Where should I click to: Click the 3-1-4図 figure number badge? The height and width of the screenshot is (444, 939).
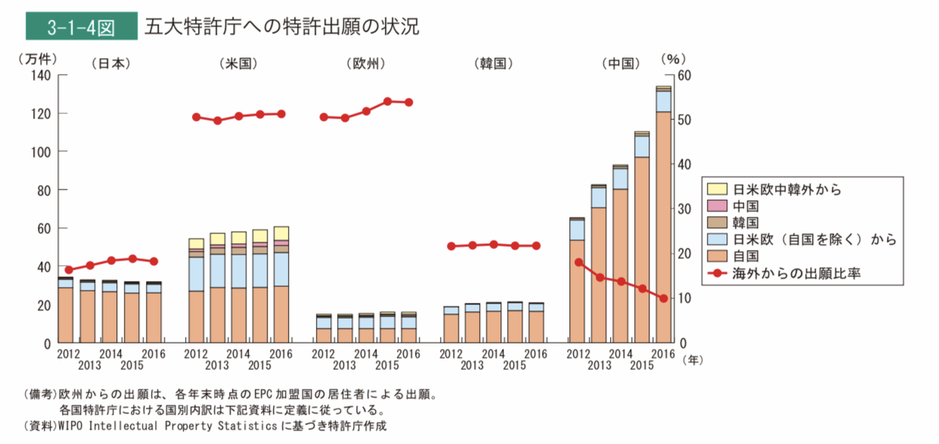point(79,27)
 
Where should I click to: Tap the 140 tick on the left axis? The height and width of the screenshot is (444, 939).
point(39,76)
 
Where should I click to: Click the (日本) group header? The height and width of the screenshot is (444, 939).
point(111,63)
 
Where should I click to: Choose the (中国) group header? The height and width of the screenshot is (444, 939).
point(621,63)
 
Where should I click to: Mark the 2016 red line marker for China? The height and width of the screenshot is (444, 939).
point(663,298)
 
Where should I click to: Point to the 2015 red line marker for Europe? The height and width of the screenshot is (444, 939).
point(387,100)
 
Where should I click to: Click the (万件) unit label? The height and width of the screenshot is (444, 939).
point(40,58)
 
